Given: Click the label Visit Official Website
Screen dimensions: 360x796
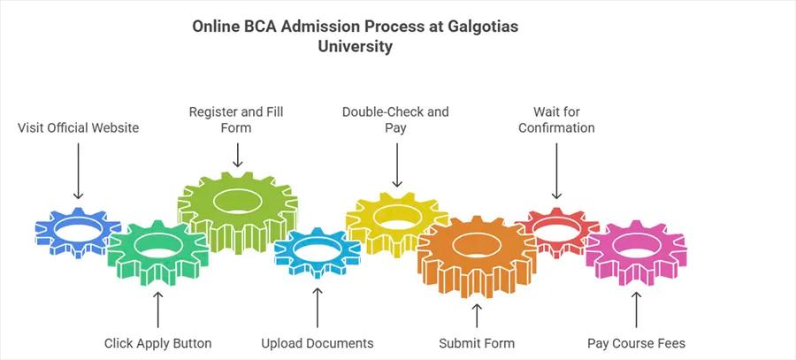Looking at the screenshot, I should pos(79,128).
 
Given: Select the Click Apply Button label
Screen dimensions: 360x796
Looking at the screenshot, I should pos(157,343).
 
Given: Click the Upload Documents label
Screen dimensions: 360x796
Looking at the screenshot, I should pos(318,343).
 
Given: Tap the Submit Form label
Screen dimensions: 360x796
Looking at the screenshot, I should pos(477,343).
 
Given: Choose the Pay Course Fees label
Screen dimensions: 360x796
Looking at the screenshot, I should pos(636,343).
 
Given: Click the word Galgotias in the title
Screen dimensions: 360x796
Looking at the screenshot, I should pos(485,27).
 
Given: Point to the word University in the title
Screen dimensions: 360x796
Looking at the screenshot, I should pos(355,47).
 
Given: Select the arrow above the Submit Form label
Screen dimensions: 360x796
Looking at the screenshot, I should pos(477,314).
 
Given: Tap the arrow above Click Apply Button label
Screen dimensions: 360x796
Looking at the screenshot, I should pos(158,310).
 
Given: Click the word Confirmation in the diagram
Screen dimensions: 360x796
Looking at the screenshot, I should pos(556,128).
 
